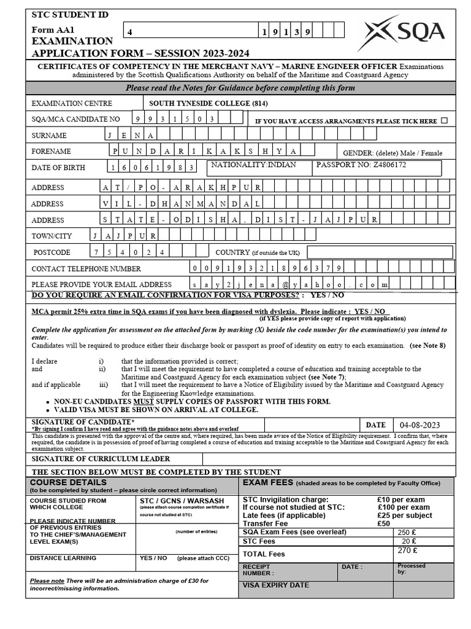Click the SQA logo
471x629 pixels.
click(404, 33)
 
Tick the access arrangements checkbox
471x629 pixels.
click(444, 120)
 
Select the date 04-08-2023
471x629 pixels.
click(419, 425)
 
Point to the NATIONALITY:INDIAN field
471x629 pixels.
click(253, 165)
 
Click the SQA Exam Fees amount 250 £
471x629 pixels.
click(407, 533)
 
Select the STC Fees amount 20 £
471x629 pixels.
click(408, 541)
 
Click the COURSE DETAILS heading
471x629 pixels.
click(59, 483)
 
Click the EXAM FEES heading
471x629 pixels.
click(268, 483)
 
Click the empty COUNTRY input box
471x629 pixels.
click(380, 252)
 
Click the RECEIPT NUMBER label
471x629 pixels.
click(258, 569)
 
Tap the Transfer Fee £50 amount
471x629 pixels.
click(384, 524)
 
